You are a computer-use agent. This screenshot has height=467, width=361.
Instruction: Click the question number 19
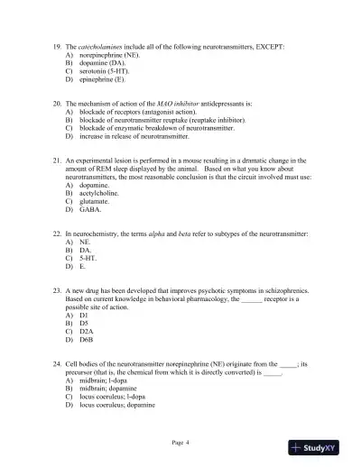tap(57, 44)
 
